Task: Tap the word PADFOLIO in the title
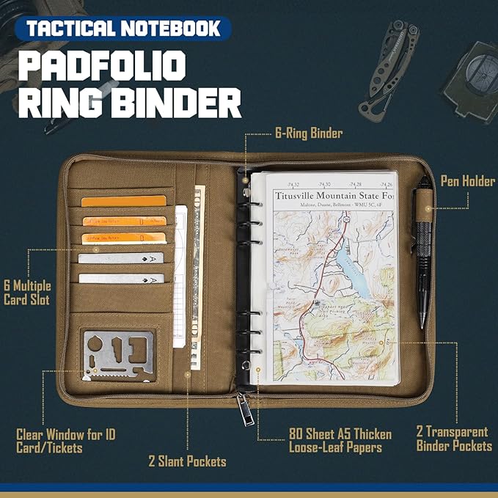(x=100, y=66)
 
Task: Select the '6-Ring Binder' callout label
(x=309, y=133)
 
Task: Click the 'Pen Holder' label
(x=467, y=181)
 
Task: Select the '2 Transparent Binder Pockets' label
(x=454, y=439)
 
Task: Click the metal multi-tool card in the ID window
(x=118, y=355)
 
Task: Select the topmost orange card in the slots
(x=124, y=201)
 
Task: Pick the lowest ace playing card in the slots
(x=121, y=278)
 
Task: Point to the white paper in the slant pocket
(x=180, y=279)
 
